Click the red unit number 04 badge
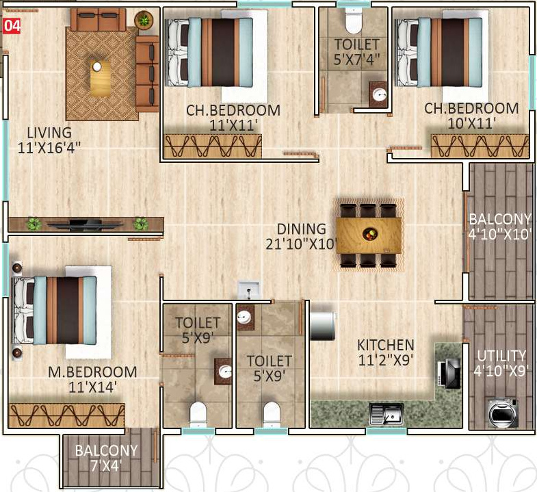(11, 27)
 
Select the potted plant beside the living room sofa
(144, 20)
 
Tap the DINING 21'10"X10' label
(302, 235)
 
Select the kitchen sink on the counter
(386, 413)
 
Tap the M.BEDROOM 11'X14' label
(92, 379)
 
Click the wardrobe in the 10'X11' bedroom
(480, 146)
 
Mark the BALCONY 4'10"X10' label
(499, 226)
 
